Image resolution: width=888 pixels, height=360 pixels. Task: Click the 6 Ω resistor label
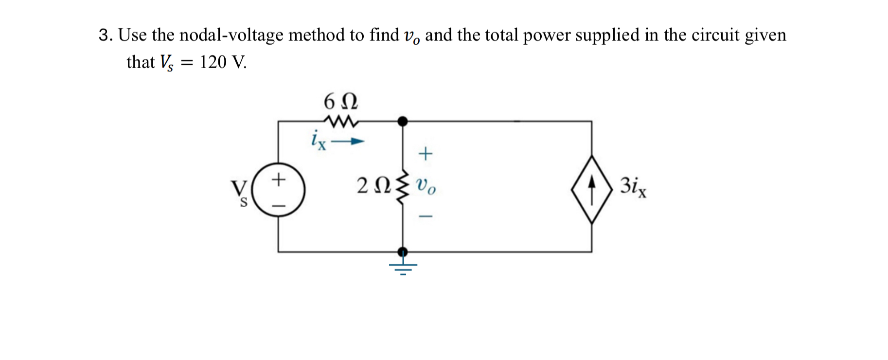click(x=340, y=102)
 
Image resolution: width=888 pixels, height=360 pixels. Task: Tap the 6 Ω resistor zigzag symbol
click(x=341, y=121)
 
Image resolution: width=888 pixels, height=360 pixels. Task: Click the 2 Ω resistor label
click(x=373, y=186)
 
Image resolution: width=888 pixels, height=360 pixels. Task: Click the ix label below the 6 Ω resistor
click(x=319, y=140)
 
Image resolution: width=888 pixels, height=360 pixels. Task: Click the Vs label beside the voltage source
click(x=239, y=193)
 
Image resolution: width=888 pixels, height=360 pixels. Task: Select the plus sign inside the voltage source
click(x=278, y=179)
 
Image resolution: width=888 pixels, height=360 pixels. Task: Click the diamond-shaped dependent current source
click(x=591, y=189)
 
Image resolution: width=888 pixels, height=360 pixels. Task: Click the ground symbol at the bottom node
click(x=403, y=267)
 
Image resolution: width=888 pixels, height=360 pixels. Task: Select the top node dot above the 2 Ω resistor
click(x=403, y=121)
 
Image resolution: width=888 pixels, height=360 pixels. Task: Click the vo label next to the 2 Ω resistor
click(x=426, y=186)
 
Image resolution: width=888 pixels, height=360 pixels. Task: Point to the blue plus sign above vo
click(x=425, y=154)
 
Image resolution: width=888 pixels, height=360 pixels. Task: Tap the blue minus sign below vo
click(x=426, y=216)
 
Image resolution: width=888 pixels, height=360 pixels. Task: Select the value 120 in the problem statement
click(x=213, y=62)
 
